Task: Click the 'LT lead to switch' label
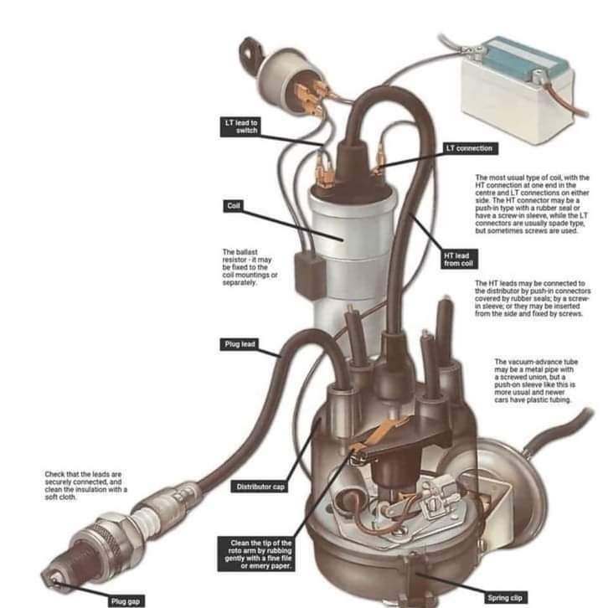click(240, 126)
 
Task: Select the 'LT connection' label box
click(471, 148)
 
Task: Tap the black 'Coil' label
click(233, 206)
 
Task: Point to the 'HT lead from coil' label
click(459, 260)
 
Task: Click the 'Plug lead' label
click(240, 344)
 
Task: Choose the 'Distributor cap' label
click(260, 487)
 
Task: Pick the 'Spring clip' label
click(504, 598)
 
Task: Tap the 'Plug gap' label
click(126, 601)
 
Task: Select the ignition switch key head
click(250, 50)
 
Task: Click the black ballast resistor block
click(310, 272)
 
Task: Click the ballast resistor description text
click(250, 267)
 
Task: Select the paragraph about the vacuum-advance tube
click(535, 381)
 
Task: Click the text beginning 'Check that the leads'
click(85, 486)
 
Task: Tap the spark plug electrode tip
click(50, 580)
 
